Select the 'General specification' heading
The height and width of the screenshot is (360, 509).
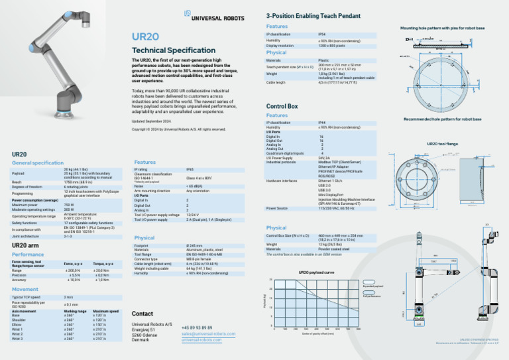(38, 162)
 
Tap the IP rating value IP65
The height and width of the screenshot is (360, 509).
(190, 170)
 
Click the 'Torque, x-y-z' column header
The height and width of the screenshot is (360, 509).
(107, 265)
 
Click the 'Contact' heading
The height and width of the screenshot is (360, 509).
(143, 313)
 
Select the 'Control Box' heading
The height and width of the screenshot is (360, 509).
(282, 106)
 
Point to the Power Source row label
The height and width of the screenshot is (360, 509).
(277, 208)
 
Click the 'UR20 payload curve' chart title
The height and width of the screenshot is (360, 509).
(319, 272)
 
